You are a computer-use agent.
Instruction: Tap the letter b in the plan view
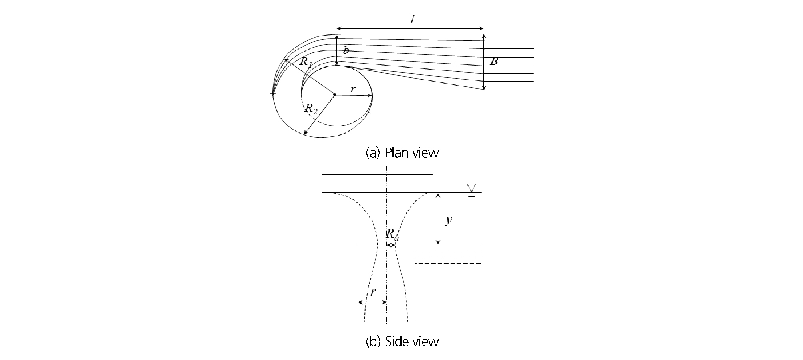(x=346, y=50)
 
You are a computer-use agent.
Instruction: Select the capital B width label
(x=494, y=62)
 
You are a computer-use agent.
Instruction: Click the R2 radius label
(x=311, y=108)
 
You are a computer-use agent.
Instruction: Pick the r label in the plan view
(x=353, y=89)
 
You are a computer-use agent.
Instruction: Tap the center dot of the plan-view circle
(x=334, y=95)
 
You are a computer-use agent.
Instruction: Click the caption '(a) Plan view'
(x=402, y=153)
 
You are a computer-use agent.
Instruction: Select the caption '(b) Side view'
(x=402, y=341)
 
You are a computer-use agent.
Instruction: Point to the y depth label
(x=449, y=220)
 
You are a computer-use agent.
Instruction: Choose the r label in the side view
(x=373, y=292)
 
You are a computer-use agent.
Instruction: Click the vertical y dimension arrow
(x=438, y=219)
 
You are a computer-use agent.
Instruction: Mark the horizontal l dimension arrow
(x=410, y=29)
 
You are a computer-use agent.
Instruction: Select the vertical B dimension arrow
(x=484, y=62)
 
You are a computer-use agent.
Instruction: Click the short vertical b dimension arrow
(x=337, y=50)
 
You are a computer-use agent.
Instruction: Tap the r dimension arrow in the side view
(x=372, y=302)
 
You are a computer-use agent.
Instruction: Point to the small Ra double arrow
(x=391, y=245)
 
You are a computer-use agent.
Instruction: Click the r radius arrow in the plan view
(x=354, y=95)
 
